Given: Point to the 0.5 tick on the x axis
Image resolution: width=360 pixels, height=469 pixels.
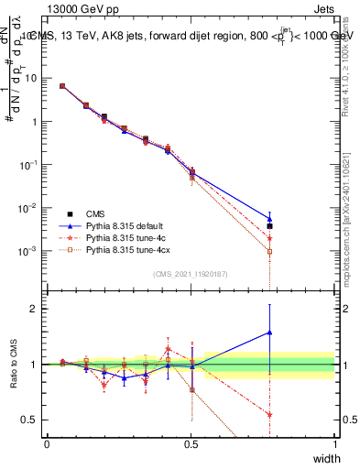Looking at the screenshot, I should (x=191, y=443).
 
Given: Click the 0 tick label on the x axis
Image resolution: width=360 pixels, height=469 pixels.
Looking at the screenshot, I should (x=47, y=443).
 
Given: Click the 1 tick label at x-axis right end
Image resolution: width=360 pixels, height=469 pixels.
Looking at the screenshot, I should (x=335, y=443).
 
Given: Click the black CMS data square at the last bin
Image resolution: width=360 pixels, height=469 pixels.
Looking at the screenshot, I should (x=269, y=225).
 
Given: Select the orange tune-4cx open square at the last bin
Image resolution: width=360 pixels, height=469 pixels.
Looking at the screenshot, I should (x=269, y=251).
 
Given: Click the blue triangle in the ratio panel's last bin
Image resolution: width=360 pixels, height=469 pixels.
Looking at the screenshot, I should (x=269, y=333).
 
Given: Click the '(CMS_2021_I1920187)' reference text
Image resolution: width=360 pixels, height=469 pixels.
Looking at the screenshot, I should (x=190, y=274).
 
